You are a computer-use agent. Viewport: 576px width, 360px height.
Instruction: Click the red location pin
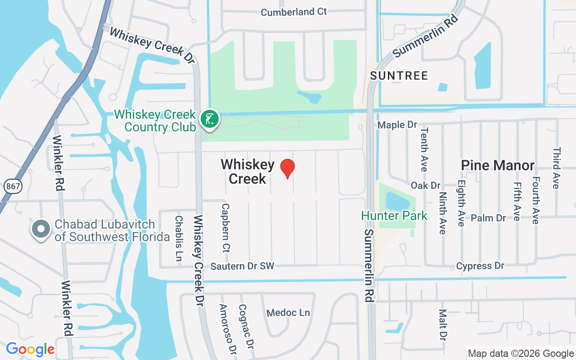coord(287,168)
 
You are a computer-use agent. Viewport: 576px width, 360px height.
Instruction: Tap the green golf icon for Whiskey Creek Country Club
coord(209,119)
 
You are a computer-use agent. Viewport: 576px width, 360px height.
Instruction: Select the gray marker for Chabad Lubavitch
coord(41,229)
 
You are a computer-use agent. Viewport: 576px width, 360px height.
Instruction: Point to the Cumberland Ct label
coord(294,12)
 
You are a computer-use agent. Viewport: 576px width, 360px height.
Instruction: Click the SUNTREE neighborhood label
coord(399,76)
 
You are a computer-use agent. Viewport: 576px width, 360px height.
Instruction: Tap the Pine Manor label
coord(498,166)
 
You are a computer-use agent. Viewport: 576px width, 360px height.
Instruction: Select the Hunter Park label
coord(394,216)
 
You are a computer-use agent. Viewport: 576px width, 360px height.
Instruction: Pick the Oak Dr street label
coord(425,185)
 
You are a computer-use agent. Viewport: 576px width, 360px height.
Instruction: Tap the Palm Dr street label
coord(488,218)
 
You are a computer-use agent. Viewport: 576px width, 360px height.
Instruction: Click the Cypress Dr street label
coord(480,266)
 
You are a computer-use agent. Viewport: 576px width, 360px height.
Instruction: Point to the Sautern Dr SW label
coord(242,266)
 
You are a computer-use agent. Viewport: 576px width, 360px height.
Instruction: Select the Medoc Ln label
coord(288,313)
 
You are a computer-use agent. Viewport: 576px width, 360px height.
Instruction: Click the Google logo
coord(30,349)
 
